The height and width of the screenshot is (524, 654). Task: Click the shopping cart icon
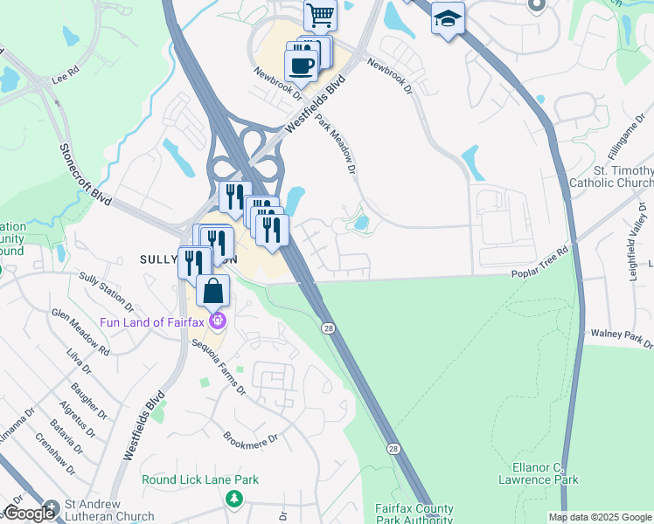tap(320, 15)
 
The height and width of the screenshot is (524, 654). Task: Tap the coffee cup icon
tap(302, 65)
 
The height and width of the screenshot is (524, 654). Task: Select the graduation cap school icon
tap(448, 18)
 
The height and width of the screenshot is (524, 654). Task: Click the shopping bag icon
tap(212, 290)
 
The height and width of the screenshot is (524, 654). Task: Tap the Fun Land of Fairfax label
tap(151, 322)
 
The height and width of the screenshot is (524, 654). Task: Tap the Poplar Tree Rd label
tap(540, 274)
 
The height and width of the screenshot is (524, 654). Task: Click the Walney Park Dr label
tap(622, 337)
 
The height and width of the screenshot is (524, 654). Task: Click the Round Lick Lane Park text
tap(200, 479)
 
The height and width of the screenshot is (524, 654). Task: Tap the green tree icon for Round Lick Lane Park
tap(233, 499)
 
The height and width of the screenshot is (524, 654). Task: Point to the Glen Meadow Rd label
tap(80, 332)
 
